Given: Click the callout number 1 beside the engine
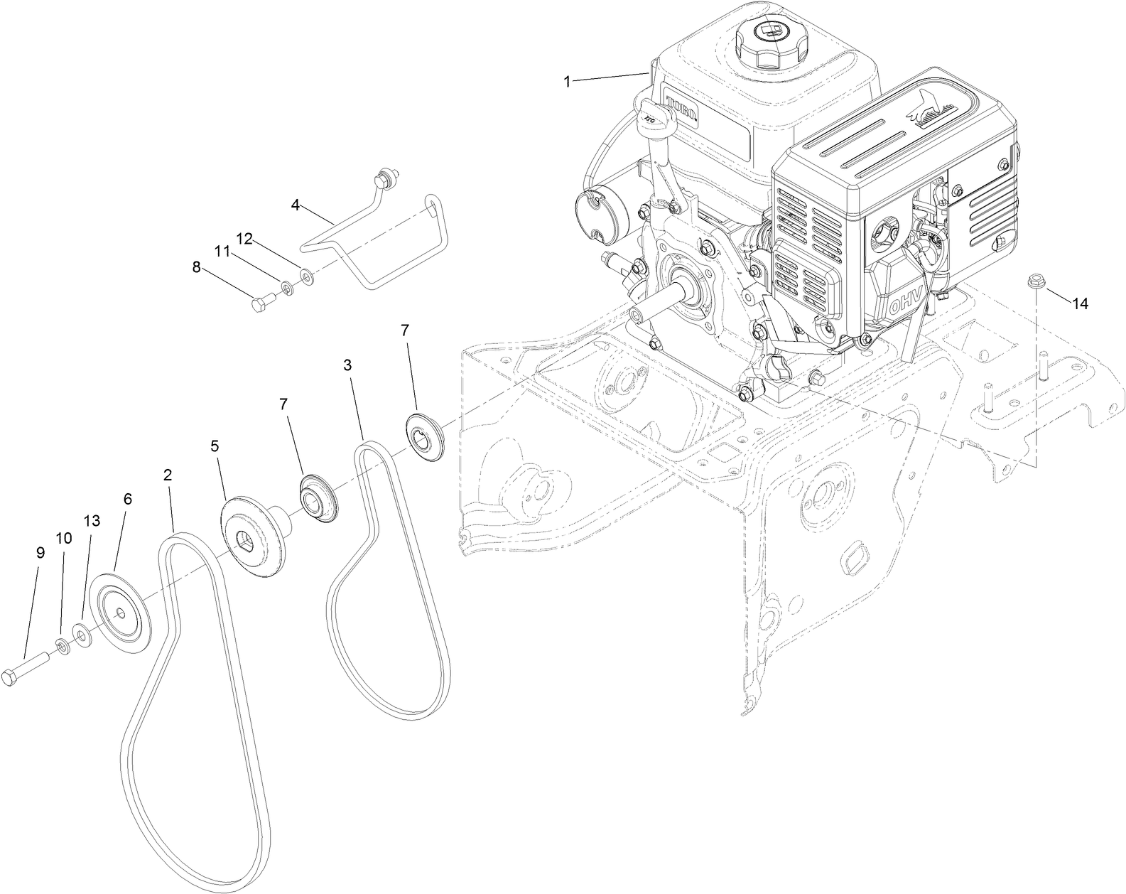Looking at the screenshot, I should (567, 82).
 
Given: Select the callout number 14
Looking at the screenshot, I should (1080, 303).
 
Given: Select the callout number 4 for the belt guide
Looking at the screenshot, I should (296, 205).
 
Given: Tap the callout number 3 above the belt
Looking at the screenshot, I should (347, 365).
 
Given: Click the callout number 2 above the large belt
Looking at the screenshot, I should (168, 474).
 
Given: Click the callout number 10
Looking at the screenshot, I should (64, 538).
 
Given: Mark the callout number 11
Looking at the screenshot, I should (222, 250).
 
